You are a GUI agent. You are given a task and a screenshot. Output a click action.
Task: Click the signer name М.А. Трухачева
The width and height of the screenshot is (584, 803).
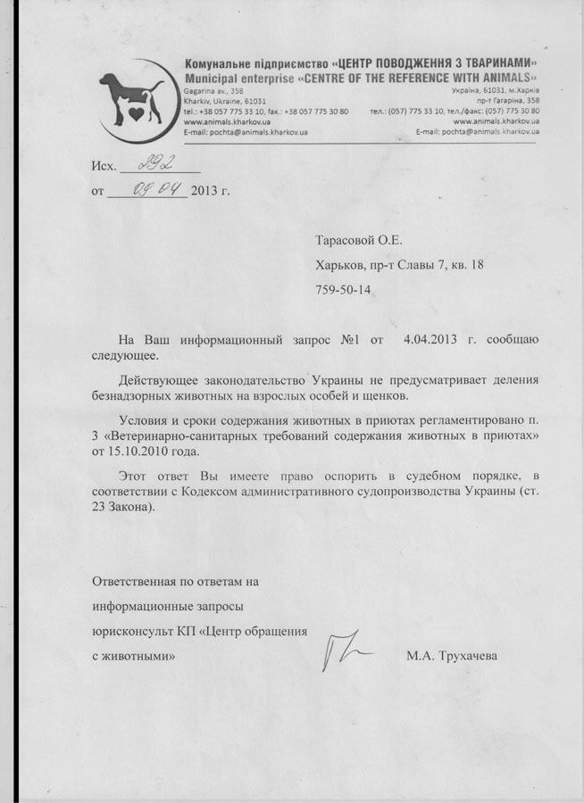point(452,656)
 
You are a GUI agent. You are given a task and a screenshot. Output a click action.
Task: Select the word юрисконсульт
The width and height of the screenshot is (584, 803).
point(129,631)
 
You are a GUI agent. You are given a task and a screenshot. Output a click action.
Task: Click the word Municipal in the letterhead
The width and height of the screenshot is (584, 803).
point(209,79)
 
